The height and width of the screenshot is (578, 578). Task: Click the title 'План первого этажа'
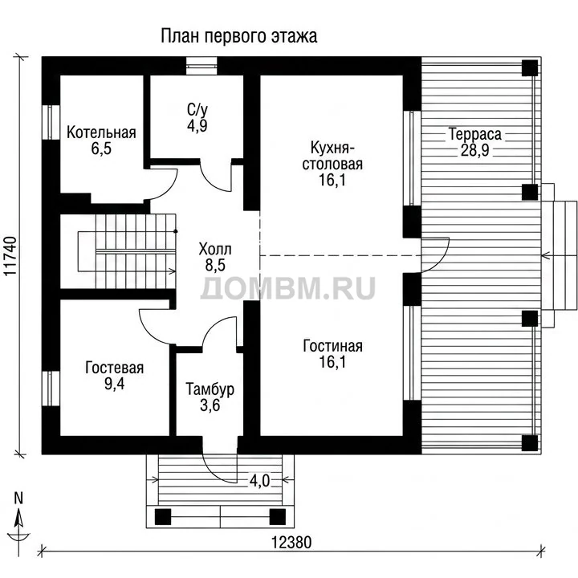[x=239, y=36]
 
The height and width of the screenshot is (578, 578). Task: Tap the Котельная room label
[x=101, y=132]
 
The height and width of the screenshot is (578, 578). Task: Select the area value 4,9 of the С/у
[x=197, y=126]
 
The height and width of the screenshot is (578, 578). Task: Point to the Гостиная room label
[x=332, y=346]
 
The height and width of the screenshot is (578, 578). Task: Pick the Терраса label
[x=474, y=134]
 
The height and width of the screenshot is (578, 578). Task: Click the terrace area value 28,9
[x=474, y=150]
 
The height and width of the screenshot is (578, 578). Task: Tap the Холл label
[x=215, y=249]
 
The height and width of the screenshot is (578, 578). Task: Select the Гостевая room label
[x=114, y=368]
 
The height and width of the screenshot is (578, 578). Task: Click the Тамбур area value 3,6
[x=210, y=405]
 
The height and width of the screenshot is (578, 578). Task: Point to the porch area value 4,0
[x=259, y=481]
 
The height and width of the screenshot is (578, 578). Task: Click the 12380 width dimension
[x=291, y=542]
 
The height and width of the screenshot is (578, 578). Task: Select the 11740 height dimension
[x=10, y=256]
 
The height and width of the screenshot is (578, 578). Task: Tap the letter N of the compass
[x=18, y=498]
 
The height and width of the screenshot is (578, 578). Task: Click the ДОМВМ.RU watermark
[x=288, y=287]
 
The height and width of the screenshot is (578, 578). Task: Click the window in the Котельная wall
[x=51, y=122]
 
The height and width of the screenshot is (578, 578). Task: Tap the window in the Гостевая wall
[x=51, y=389]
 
